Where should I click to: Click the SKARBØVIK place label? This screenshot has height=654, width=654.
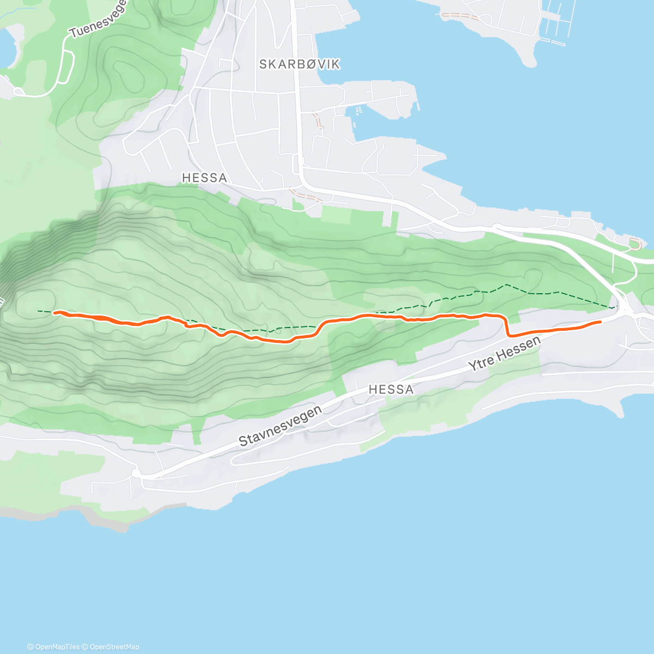coord(299,64)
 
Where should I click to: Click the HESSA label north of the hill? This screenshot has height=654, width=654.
coord(204,178)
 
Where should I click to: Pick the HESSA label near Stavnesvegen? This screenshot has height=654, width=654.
coord(391,390)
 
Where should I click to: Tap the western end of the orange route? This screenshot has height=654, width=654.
coord(55,312)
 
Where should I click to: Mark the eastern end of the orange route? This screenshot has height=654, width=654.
coord(600,322)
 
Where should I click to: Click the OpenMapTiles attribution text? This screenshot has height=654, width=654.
coord(53,647)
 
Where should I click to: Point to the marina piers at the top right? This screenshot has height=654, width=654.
coord(553,25)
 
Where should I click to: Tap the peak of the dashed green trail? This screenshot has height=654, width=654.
coord(506,284)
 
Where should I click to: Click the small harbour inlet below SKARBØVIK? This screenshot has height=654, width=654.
coord(357,117)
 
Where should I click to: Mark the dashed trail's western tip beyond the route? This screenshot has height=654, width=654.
coord(38,311)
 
